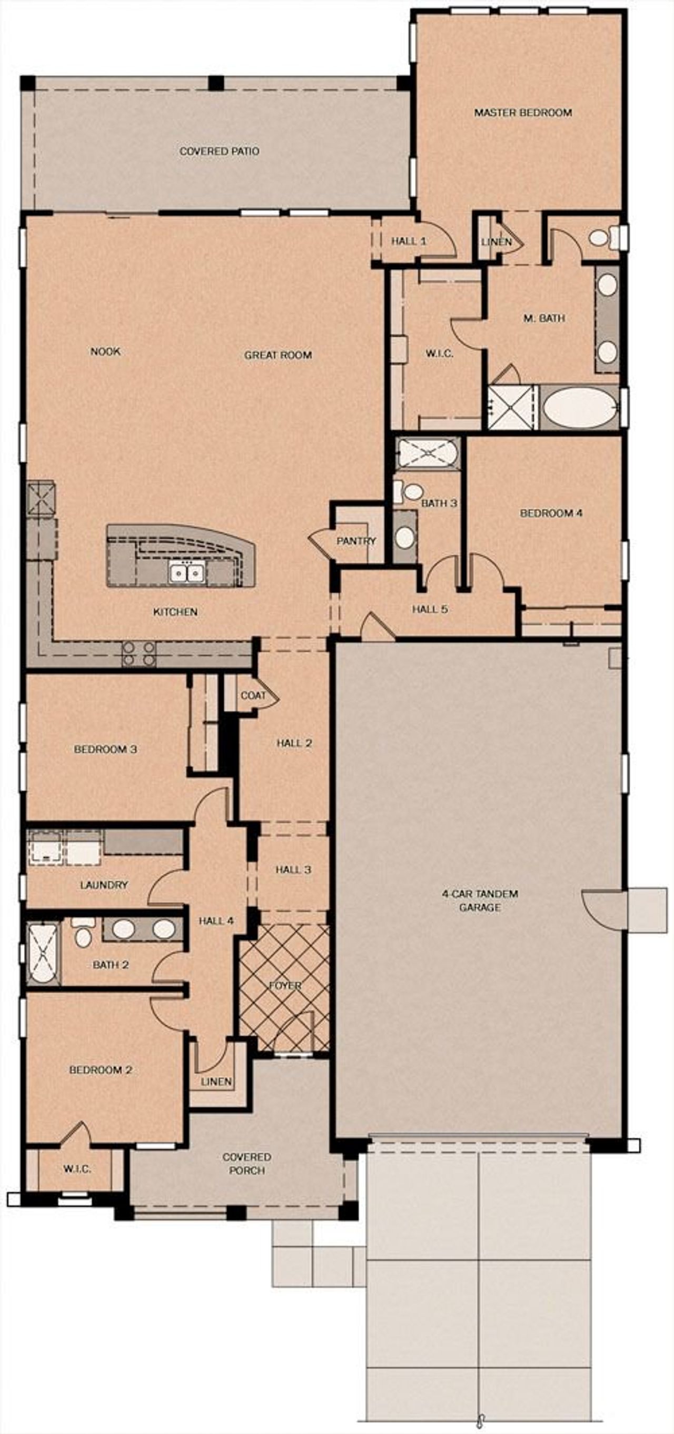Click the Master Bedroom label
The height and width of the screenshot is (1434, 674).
(522, 113)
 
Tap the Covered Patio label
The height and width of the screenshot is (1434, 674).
(219, 151)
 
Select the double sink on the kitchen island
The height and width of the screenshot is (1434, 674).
(187, 572)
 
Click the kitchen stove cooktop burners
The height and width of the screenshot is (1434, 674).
(138, 653)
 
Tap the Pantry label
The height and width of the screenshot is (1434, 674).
(356, 541)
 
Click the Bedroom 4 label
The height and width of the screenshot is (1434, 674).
(551, 513)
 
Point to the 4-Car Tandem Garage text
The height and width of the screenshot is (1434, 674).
(480, 900)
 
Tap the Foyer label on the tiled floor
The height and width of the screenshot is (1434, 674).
(285, 985)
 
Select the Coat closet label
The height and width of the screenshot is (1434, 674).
(253, 695)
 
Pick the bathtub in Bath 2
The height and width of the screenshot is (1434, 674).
(42, 954)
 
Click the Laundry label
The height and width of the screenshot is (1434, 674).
(104, 885)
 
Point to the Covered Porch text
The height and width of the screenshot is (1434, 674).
(247, 1163)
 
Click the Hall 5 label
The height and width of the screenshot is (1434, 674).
(430, 609)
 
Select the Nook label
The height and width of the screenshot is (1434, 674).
(105, 351)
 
